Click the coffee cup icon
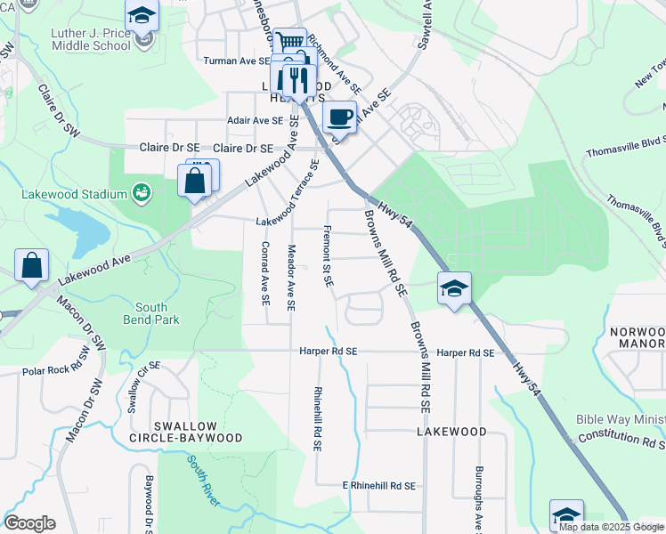(339, 116)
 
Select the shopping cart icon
(290, 42)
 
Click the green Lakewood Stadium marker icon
(141, 192)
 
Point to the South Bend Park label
(158, 312)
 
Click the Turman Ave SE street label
(236, 61)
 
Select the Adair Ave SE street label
(255, 120)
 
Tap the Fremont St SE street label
(328, 255)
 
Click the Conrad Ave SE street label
(265, 271)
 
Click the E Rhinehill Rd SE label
(379, 486)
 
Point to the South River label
(204, 481)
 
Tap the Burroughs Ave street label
(479, 499)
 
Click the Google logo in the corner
(29, 523)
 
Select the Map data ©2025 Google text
(611, 527)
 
